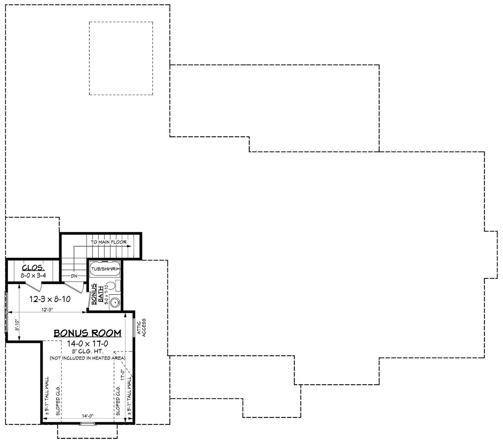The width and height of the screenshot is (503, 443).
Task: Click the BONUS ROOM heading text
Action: coord(87,333)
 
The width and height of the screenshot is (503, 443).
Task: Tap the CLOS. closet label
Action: coord(33,268)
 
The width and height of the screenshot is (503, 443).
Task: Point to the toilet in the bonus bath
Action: coord(111,286)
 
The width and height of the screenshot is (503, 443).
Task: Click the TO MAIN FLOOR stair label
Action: coord(109,242)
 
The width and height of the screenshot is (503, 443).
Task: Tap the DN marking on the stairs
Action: coord(75,276)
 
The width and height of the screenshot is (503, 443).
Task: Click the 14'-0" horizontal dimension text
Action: coord(88,416)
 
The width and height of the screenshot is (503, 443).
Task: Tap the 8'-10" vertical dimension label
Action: coord(17,326)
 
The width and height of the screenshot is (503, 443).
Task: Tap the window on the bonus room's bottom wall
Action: coord(87,424)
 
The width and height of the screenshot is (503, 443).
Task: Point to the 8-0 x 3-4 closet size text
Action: coord(33,276)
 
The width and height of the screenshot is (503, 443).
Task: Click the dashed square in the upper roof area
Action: coord(121,58)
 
